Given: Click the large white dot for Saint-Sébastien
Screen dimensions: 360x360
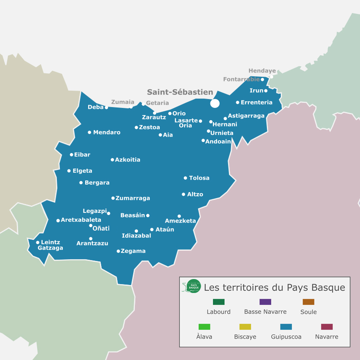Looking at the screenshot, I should coord(215,103).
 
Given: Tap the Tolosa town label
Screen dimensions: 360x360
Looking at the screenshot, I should coord(199,178).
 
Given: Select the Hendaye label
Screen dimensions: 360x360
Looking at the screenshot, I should coord(262,71).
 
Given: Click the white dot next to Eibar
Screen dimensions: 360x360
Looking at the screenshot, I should coord(71,155).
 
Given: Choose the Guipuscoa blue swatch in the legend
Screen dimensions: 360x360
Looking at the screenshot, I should coord(286,327).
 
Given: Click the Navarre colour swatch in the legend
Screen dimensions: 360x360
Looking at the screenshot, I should coord(327,327).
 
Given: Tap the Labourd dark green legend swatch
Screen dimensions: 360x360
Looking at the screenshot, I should coord(219,302).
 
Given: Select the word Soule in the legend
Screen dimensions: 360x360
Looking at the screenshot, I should coord(309,312).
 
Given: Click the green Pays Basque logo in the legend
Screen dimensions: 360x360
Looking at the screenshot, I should coord(193,286).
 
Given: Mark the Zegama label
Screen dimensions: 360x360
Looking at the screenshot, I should coord(133,251).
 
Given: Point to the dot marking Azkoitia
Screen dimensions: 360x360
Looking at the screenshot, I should coord(112,160).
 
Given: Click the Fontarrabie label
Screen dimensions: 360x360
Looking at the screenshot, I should coord(241,79).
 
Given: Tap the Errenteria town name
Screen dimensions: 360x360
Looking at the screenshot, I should coord(257,102).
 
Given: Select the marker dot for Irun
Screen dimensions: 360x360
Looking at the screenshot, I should coord(266,91).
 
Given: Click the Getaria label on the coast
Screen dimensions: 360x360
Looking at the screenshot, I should coord(157,103).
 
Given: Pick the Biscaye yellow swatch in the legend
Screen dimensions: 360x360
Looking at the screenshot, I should coord(245,327).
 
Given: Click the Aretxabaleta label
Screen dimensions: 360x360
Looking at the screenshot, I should coord(81,220).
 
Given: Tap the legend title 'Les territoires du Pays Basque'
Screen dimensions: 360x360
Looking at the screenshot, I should coord(274,288).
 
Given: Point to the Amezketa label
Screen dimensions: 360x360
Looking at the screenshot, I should coord(180,221).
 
